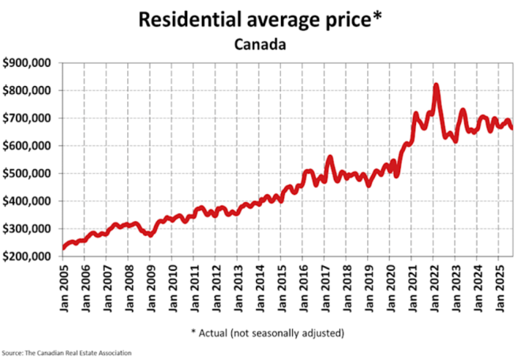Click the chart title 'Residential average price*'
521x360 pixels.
point(260,19)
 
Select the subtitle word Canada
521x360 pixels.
point(260,44)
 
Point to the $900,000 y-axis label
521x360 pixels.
point(28,63)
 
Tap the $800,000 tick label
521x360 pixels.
point(28,91)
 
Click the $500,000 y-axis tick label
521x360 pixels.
point(28,174)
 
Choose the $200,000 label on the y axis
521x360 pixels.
point(28,257)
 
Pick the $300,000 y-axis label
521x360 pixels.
point(28,229)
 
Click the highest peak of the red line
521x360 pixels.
point(436,85)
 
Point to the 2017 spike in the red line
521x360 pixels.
point(329,158)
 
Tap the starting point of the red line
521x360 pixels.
point(63,248)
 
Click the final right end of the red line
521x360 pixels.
point(512,128)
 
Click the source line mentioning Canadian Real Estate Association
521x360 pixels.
point(66,352)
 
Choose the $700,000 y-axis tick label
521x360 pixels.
point(28,118)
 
